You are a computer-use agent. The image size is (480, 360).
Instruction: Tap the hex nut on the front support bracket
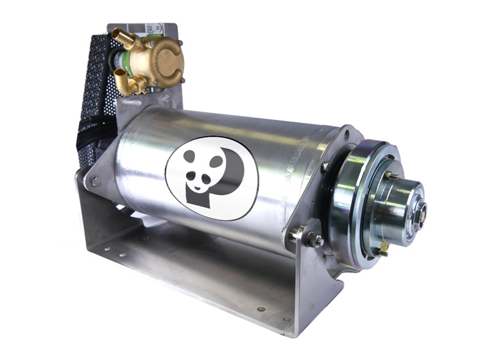(314, 240)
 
